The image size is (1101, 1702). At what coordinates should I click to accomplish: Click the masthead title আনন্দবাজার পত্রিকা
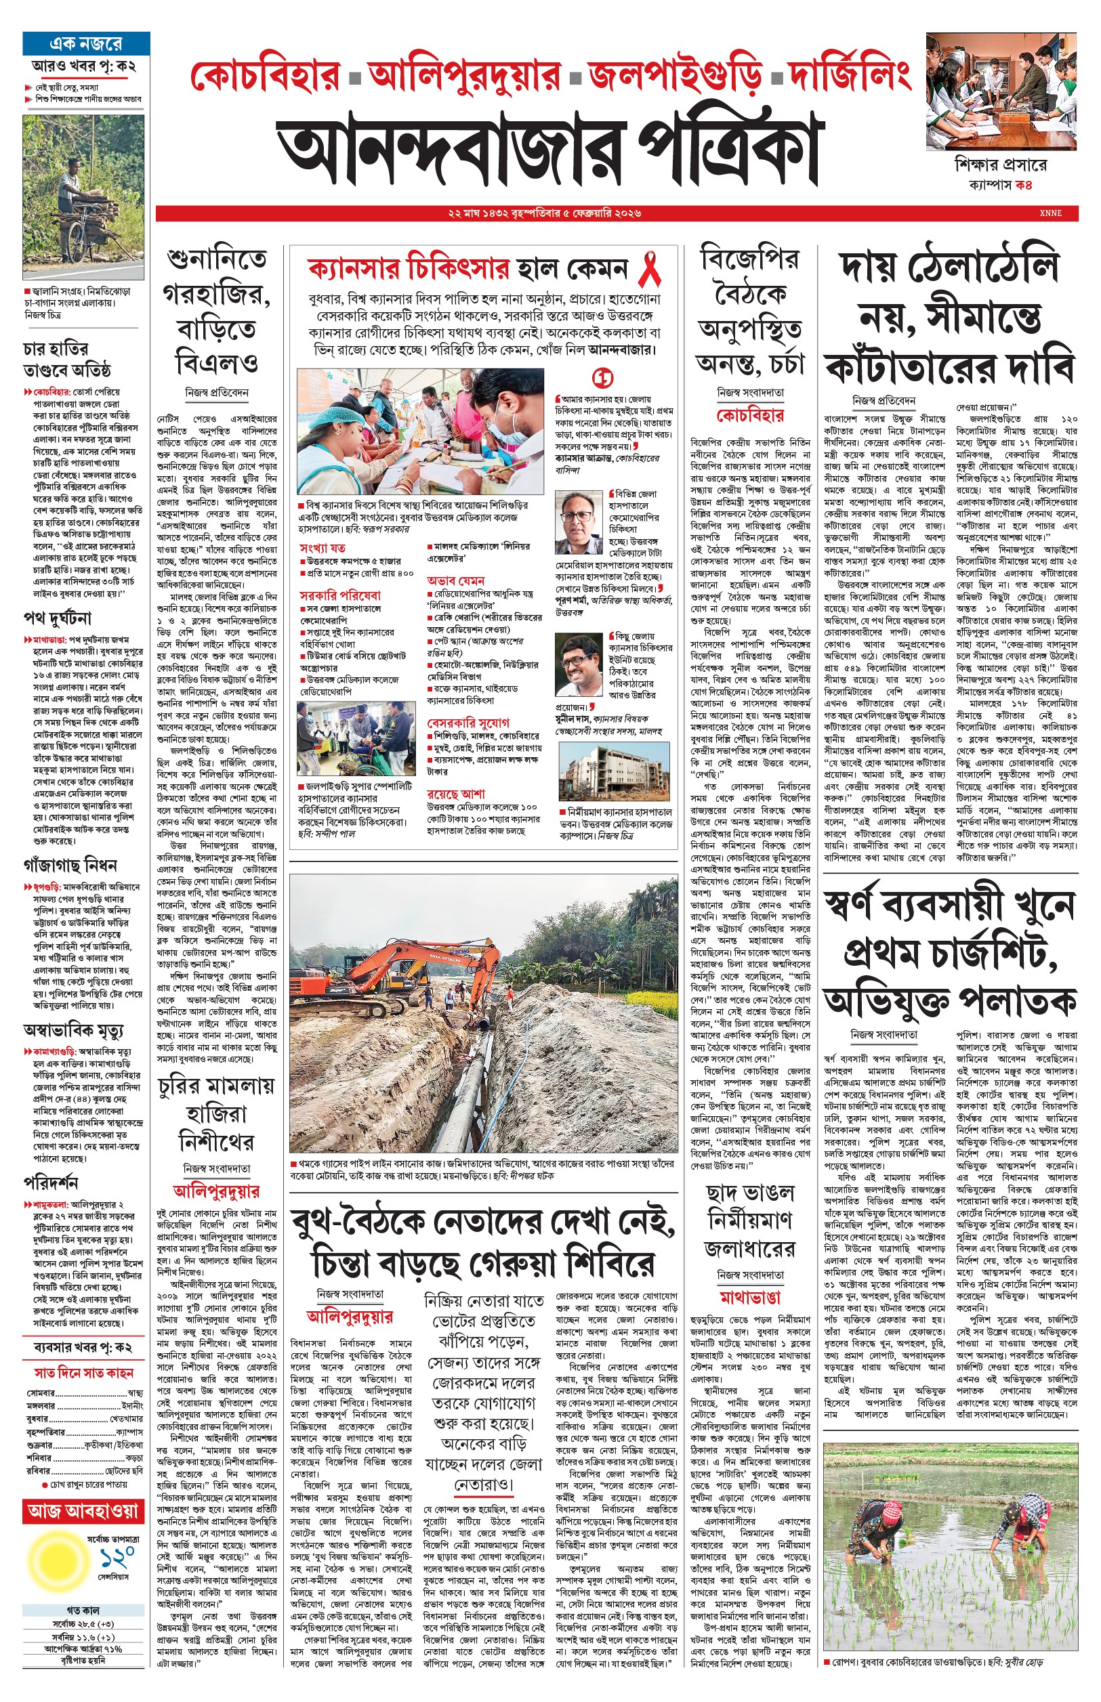coord(549,151)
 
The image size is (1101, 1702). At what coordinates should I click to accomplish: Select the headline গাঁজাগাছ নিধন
coord(70,866)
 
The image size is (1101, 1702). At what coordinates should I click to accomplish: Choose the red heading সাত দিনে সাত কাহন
coord(83,1373)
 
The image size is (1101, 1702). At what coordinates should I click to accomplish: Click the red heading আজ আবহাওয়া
coord(83,1510)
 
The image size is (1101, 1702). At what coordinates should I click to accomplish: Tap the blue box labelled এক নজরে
coord(86,43)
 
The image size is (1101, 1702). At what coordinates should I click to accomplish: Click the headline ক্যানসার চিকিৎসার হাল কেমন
coord(468,270)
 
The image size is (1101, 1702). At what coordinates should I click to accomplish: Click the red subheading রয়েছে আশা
coord(455,793)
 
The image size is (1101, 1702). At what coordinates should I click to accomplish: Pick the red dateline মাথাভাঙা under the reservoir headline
coord(749,1297)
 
